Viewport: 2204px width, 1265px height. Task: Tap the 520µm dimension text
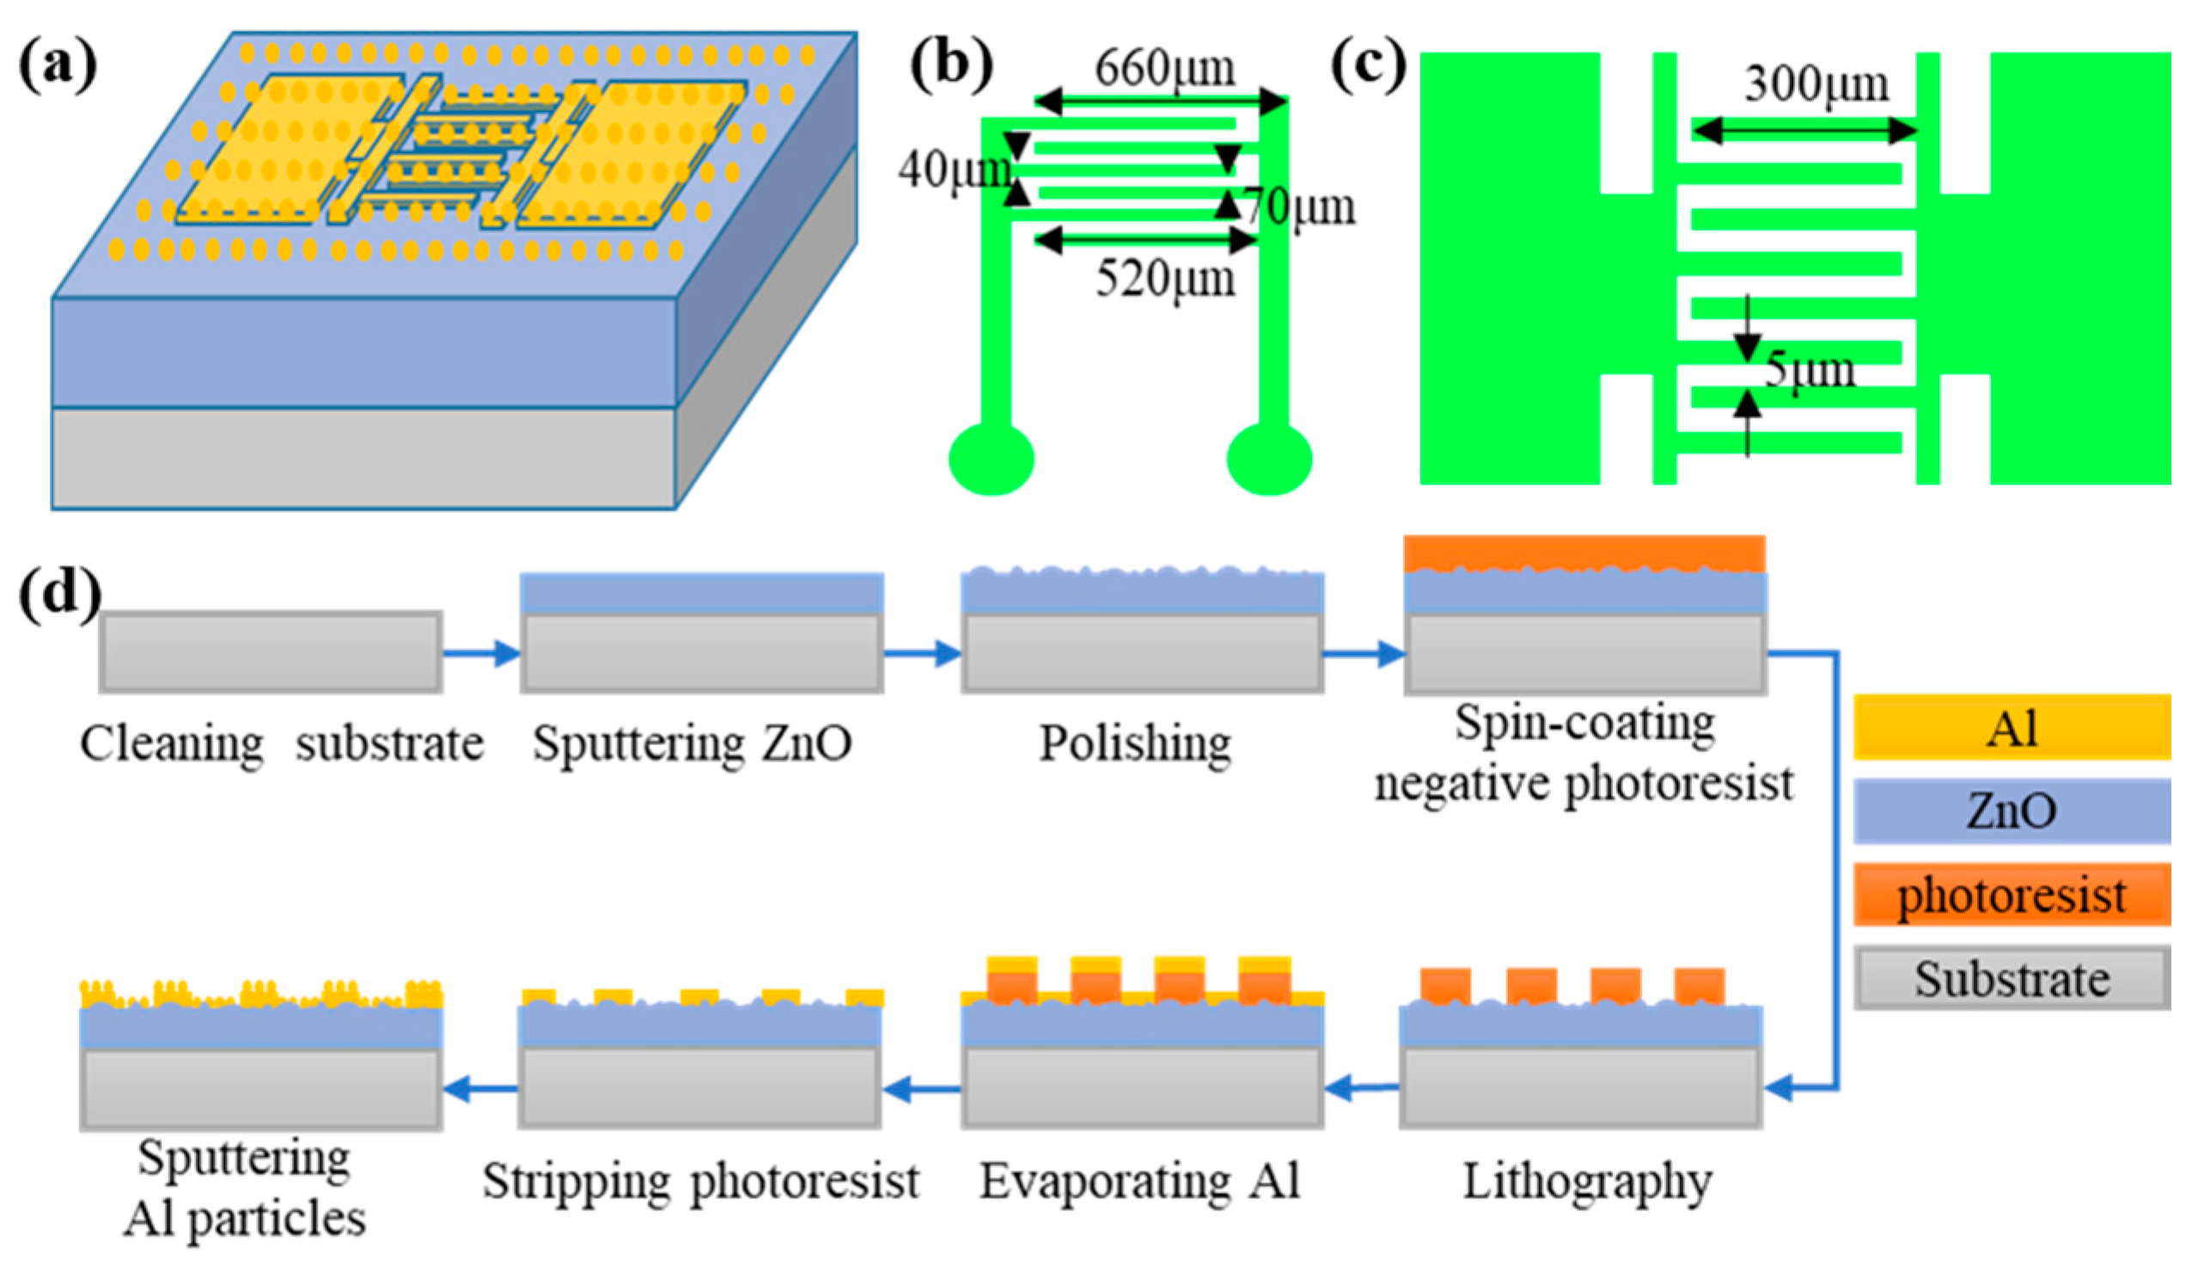1164,280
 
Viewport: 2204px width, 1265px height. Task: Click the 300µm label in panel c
1816,84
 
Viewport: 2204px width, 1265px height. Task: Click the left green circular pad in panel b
992,459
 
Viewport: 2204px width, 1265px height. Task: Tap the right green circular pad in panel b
1269,459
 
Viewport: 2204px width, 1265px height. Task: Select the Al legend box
2012,727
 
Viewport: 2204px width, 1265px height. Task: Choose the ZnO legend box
2012,810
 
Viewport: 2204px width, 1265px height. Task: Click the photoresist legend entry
2012,895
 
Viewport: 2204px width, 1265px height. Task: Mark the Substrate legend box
2012,978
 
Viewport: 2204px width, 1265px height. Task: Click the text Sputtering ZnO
692,743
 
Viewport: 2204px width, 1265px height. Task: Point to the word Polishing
1135,743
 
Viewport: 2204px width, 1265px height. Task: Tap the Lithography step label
1587,1182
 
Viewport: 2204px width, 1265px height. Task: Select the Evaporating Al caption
1139,1182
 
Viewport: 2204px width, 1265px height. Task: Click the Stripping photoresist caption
700,1182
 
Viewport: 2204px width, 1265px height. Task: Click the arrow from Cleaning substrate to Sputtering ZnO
481,652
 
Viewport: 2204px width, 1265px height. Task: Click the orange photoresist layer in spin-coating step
1584,553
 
